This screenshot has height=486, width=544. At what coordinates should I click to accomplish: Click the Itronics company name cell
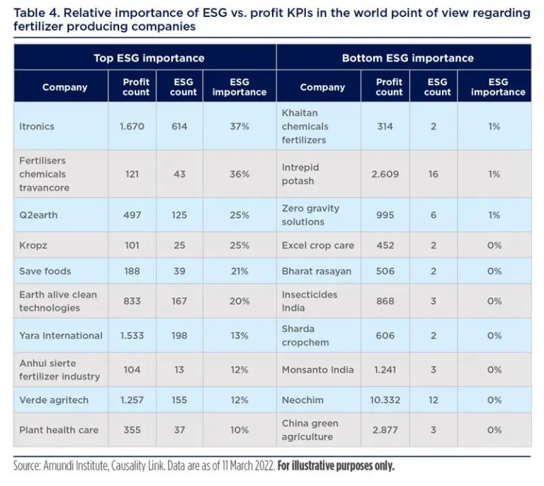(x=37, y=126)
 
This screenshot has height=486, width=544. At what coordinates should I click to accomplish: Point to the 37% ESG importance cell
(x=239, y=126)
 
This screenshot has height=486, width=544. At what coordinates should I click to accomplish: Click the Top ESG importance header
(x=149, y=58)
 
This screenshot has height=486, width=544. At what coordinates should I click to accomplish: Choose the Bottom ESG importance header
(x=407, y=58)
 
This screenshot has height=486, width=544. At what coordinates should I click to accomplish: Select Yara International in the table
(x=61, y=336)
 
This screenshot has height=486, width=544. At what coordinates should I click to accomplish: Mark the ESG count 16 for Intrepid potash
(x=433, y=174)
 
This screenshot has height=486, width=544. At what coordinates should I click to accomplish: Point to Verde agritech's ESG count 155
(x=179, y=400)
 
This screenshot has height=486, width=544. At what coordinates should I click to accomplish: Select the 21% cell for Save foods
(x=239, y=272)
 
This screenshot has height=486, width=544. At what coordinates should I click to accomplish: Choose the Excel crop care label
(x=318, y=245)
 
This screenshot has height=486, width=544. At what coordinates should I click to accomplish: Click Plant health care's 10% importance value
(x=239, y=430)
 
